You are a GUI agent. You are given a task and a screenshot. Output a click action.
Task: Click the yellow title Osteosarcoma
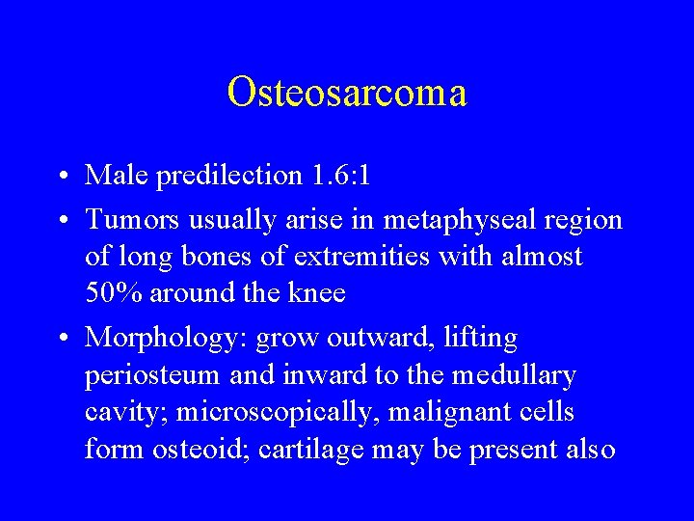click(347, 93)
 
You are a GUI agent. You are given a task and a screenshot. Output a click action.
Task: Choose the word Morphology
click(163, 340)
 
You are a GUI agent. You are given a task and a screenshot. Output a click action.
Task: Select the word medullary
click(516, 376)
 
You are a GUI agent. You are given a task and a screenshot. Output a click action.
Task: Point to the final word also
click(586, 450)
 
